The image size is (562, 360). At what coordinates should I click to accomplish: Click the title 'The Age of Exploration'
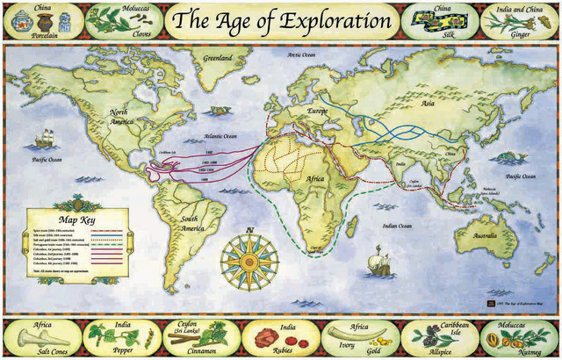pos(280,19)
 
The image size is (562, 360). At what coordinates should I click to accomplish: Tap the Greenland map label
pos(217,59)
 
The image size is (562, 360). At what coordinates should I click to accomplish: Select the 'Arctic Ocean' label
pos(301,54)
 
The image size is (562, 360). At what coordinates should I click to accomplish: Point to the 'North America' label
pos(121,118)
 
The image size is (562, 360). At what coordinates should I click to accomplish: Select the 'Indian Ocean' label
pos(393,226)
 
